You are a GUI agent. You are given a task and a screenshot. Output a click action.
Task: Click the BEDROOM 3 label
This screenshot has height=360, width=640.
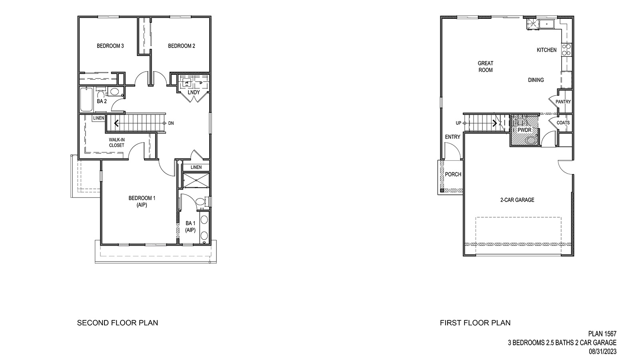[x=110, y=46]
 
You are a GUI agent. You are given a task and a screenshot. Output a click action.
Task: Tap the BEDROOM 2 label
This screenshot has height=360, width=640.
[x=182, y=46]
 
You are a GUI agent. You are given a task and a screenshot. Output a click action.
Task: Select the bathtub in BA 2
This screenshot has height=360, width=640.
[x=86, y=100]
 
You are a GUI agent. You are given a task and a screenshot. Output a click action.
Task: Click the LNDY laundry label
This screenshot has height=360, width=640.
[x=194, y=92]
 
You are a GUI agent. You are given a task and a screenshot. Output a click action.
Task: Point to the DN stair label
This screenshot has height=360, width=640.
[x=171, y=123]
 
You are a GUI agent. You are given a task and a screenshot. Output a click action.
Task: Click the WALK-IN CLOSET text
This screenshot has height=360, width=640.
[x=116, y=142]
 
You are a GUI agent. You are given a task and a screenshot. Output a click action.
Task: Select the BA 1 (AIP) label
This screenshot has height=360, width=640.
[x=190, y=226]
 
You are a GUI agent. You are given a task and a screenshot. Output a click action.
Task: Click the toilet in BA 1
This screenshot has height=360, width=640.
[x=201, y=202]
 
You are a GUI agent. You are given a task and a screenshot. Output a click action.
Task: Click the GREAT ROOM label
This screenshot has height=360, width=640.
[x=485, y=66]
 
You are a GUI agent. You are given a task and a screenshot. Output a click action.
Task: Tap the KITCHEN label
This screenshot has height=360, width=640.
[x=546, y=50]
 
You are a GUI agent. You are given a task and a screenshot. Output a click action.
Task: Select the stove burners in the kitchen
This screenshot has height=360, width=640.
[x=566, y=50]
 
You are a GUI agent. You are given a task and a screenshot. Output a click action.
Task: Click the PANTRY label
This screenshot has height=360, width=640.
[x=563, y=102]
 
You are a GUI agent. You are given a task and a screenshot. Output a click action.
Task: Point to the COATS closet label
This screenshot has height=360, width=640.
[x=563, y=123]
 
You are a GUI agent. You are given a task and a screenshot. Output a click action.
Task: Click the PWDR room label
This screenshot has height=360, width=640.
[x=524, y=130]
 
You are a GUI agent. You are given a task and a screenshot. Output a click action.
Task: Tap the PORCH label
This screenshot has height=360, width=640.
[x=453, y=174]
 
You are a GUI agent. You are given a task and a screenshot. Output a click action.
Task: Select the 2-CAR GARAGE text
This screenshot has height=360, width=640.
[x=517, y=200]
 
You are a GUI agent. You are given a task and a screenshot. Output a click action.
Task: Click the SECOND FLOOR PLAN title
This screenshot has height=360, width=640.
[x=117, y=322]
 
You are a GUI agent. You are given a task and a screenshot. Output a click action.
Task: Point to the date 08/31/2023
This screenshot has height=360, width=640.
[x=602, y=352]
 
